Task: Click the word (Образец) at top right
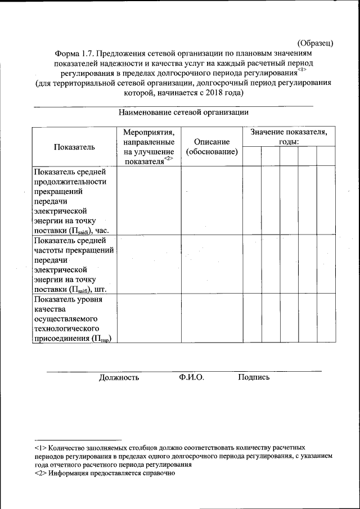click(x=316, y=43)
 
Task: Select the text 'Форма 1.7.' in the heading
click(x=74, y=53)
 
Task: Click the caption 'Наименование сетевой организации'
click(x=183, y=112)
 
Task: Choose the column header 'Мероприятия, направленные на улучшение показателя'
click(x=148, y=147)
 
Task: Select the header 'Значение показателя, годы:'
click(x=289, y=137)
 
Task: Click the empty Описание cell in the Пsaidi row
click(x=211, y=201)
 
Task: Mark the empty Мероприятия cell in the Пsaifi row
click(x=148, y=265)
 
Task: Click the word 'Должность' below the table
click(x=119, y=377)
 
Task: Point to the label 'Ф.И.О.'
click(x=192, y=377)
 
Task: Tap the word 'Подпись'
click(x=254, y=377)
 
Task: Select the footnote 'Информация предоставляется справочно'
click(x=112, y=474)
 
